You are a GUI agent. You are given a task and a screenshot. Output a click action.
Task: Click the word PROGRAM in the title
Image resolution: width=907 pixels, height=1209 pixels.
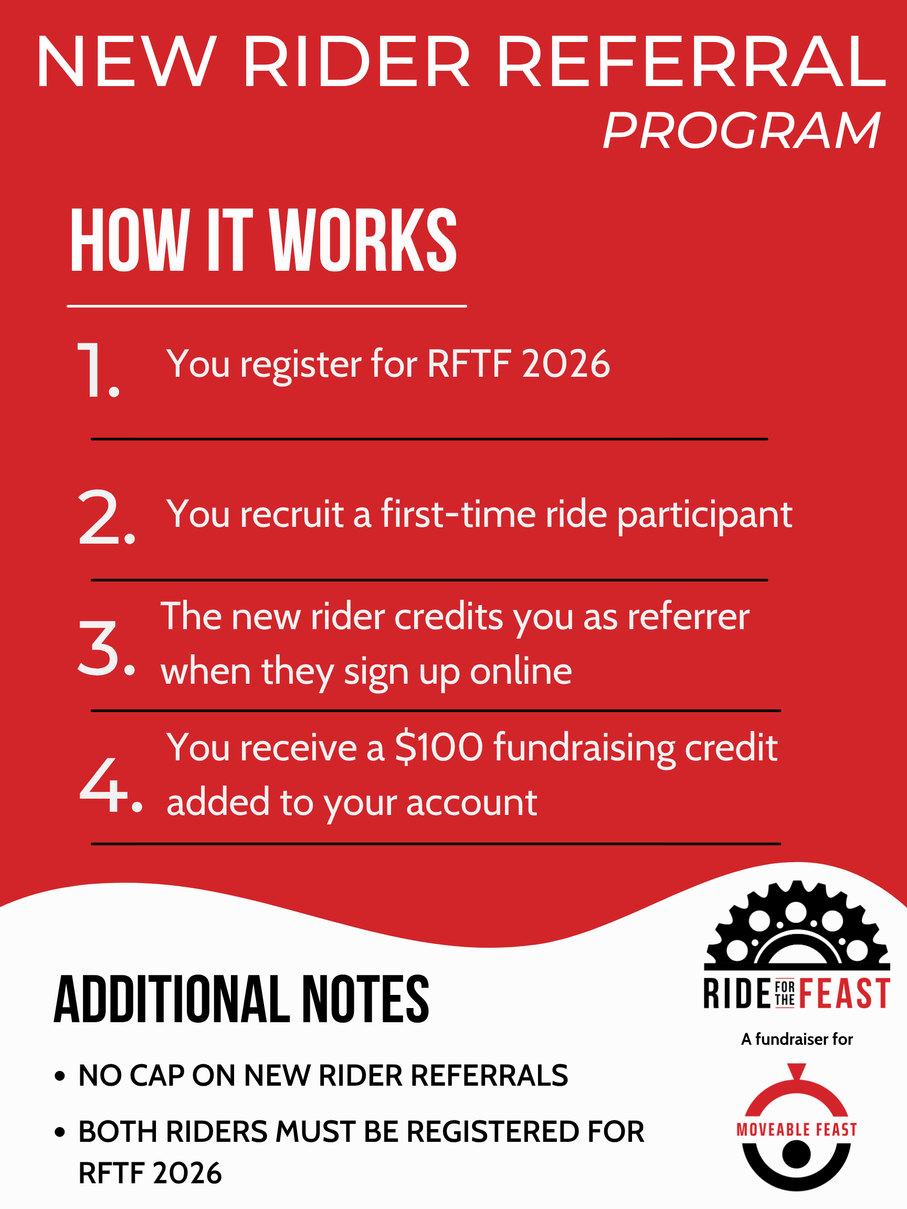pyautogui.click(x=741, y=131)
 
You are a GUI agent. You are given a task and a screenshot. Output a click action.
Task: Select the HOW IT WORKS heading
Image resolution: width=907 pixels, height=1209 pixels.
pyautogui.click(x=263, y=240)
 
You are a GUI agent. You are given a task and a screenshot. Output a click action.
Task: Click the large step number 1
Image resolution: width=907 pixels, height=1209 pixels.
pyautogui.click(x=97, y=370)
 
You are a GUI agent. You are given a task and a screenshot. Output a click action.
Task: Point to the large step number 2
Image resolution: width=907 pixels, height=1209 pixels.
pyautogui.click(x=106, y=517)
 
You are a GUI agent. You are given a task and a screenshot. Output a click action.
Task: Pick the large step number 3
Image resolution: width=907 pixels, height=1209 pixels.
pyautogui.click(x=106, y=648)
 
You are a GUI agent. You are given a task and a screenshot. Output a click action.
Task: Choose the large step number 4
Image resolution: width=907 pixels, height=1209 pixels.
pyautogui.click(x=111, y=785)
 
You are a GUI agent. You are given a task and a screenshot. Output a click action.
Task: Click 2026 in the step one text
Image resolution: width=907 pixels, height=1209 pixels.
pyautogui.click(x=566, y=364)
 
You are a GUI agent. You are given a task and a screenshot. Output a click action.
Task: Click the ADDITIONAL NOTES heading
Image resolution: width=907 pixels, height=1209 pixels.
pyautogui.click(x=241, y=999)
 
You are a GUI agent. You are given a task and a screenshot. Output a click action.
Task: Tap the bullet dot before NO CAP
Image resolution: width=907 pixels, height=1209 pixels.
pyautogui.click(x=60, y=1076)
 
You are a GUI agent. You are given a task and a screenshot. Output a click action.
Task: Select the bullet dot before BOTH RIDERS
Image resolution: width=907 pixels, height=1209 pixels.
pyautogui.click(x=60, y=1132)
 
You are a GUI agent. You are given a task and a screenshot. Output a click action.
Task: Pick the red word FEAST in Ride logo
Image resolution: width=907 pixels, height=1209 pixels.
pyautogui.click(x=845, y=994)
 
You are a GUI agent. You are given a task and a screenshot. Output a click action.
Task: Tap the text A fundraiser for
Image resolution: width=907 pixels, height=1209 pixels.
pyautogui.click(x=797, y=1039)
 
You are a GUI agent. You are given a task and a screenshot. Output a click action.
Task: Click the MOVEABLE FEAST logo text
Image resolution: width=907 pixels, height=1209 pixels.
pyautogui.click(x=797, y=1130)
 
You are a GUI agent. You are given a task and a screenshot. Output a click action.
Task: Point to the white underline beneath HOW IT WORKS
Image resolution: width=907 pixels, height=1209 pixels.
pyautogui.click(x=267, y=306)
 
